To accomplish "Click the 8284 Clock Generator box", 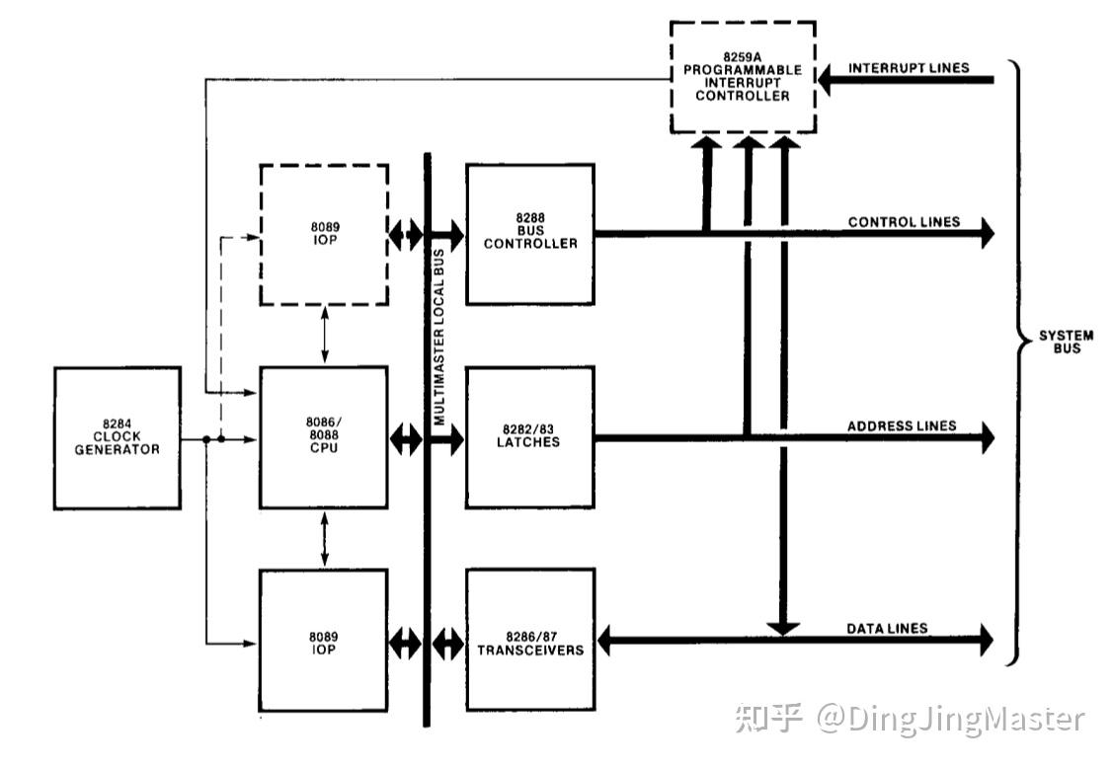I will (118, 437).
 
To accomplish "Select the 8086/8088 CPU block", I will (323, 437).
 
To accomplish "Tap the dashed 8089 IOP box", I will (323, 234).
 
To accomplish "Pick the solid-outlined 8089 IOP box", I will (323, 641).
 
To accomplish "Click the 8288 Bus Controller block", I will (530, 234).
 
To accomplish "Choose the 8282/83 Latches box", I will (530, 437).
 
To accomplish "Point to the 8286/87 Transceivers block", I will (530, 641).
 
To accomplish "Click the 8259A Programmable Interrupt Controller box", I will (743, 77).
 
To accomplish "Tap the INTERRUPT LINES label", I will (909, 68).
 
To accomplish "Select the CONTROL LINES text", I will (904, 222).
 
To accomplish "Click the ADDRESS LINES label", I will (902, 425).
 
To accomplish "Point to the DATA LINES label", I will (887, 628).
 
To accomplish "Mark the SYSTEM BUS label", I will (1066, 342).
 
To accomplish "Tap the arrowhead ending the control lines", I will (986, 234).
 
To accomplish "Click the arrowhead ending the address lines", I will (986, 437).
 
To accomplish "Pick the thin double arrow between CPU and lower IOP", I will (324, 539).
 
